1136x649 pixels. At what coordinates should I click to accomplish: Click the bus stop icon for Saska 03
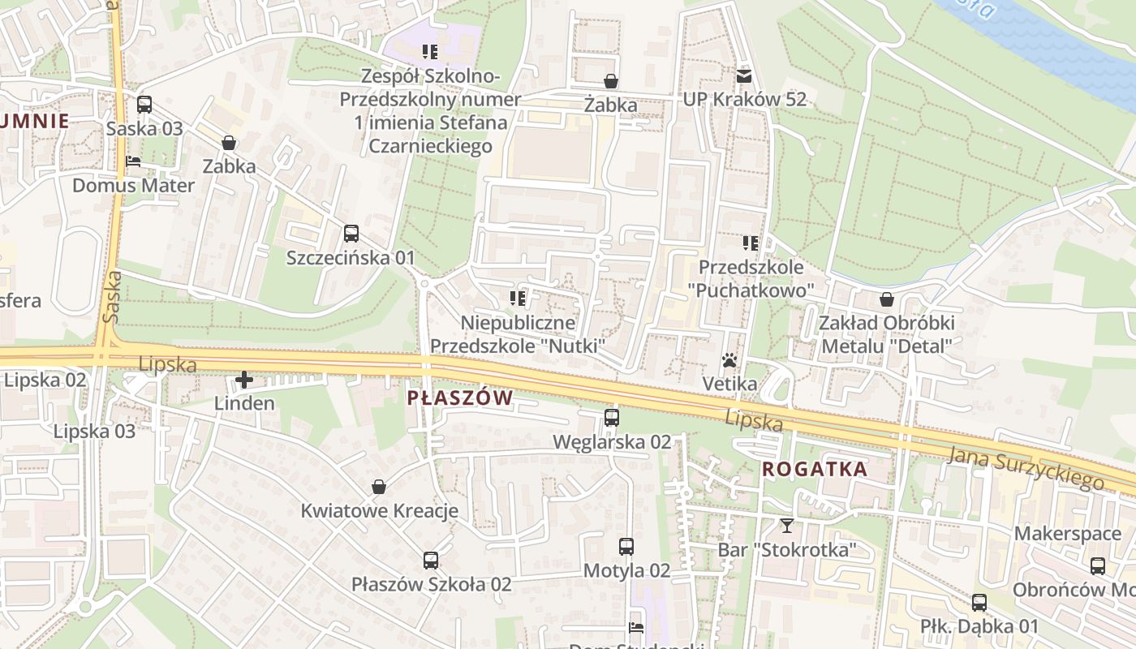[144, 105]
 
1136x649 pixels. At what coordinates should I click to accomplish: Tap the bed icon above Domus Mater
[133, 161]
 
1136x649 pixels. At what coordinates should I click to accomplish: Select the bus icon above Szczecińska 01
[351, 234]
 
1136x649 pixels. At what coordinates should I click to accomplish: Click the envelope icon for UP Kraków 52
[744, 75]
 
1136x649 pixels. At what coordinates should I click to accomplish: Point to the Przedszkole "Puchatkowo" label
[751, 278]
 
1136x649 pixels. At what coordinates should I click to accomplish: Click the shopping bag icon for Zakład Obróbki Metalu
[887, 299]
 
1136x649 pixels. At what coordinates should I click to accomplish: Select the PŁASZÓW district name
[460, 398]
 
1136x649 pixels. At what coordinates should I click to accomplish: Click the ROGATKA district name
[815, 469]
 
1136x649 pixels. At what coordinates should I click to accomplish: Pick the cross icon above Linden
[244, 379]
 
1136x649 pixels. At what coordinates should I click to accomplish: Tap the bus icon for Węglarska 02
[612, 418]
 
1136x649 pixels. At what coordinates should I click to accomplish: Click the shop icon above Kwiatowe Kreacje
[379, 487]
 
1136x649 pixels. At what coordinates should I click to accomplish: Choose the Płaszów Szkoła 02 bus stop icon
[431, 560]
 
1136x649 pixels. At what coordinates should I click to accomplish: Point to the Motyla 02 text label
[626, 570]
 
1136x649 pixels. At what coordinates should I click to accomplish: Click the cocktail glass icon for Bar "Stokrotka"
[786, 526]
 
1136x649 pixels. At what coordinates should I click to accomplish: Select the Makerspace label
[1067, 534]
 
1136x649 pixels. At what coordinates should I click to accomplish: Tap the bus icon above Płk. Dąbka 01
[979, 603]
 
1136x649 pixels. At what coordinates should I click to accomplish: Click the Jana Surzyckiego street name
[1026, 468]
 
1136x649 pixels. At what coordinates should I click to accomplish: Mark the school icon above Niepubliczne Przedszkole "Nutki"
[518, 299]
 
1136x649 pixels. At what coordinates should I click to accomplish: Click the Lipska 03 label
[94, 431]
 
